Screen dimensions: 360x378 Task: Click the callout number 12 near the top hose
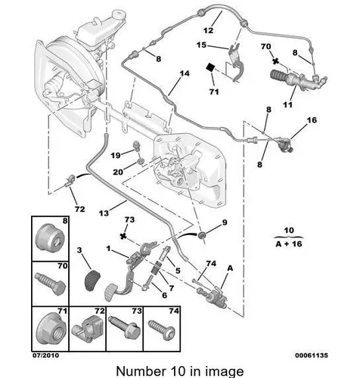208,30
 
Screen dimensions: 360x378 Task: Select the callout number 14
185,73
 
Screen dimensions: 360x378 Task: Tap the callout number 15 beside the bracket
201,45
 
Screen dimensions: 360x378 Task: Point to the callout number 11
287,104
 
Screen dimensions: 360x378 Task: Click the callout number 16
312,120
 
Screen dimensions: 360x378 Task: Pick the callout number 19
116,156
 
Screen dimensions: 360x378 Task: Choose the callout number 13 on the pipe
104,213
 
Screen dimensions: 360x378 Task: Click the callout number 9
225,222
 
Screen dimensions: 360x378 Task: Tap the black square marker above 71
210,67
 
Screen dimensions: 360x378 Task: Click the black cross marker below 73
123,237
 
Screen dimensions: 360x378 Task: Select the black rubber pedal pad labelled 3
92,281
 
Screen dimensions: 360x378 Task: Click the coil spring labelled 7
157,268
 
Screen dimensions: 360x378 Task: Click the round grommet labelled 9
202,235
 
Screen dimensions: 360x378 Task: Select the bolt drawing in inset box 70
51,284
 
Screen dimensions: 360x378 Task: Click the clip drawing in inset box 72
87,329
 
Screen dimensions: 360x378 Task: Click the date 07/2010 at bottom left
46,355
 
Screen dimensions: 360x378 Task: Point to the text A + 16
289,244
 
